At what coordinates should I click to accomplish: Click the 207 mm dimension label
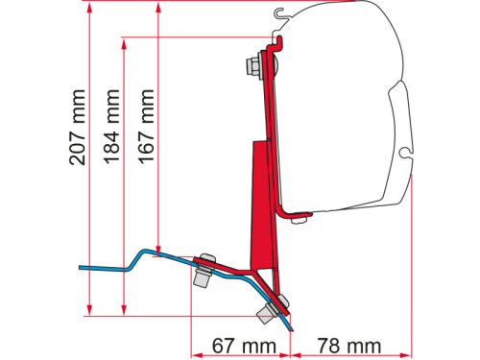pos(77,127)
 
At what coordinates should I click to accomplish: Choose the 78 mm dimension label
pos(344,344)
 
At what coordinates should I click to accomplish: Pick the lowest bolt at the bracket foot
pos(267,313)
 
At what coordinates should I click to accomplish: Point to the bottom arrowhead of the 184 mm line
pos(124,309)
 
